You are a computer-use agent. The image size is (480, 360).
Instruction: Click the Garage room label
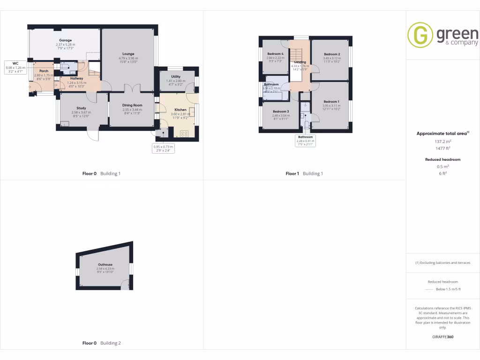(x=65, y=41)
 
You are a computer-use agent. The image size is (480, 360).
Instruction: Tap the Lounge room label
(x=128, y=54)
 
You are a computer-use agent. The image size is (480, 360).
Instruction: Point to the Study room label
(x=81, y=108)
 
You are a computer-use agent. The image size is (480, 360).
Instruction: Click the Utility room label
(x=176, y=76)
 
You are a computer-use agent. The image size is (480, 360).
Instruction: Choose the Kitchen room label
(x=181, y=110)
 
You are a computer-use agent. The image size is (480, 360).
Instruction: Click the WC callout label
(x=15, y=63)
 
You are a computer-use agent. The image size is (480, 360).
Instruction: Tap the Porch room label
(x=43, y=71)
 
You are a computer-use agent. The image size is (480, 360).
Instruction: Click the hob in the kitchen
(x=184, y=134)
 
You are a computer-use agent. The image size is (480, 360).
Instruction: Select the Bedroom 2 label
(x=332, y=54)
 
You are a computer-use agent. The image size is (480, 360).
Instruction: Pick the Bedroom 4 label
(x=275, y=54)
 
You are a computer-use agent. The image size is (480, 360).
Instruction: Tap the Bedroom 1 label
(x=331, y=102)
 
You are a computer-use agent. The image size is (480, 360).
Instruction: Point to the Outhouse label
(x=105, y=264)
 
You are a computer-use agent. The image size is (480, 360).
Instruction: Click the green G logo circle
(x=420, y=36)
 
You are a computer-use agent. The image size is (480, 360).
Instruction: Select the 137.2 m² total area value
(x=442, y=141)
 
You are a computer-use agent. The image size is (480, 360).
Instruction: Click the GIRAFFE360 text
(x=443, y=337)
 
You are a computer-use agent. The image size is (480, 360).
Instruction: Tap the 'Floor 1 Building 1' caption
(x=304, y=173)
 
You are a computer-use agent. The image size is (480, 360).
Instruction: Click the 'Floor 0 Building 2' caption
(x=101, y=343)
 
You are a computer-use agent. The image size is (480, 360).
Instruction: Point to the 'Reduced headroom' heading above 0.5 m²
(x=442, y=159)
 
